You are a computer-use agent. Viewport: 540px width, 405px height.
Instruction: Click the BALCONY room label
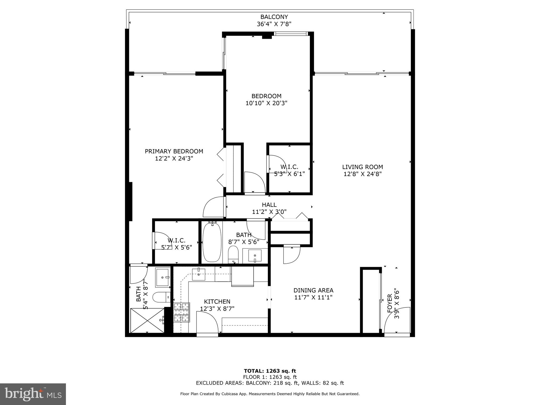tap(274, 17)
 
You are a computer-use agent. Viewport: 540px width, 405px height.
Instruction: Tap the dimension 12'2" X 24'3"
tap(174, 158)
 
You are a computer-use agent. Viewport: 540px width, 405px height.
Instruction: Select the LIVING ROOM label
tap(362, 167)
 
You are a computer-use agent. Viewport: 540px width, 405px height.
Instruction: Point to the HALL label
tap(269, 205)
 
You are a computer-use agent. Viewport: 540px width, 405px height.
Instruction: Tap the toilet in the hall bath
tap(233, 254)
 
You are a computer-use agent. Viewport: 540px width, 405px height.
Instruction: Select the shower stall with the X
tap(147, 321)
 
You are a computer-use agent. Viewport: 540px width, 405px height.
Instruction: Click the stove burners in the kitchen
tap(182, 312)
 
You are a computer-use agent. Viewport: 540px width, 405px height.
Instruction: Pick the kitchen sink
tap(199, 274)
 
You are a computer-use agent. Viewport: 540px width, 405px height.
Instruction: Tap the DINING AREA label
tap(313, 290)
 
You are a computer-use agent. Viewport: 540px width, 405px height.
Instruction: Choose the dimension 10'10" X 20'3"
tap(266, 103)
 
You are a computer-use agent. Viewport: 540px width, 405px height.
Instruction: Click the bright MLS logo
tap(33, 394)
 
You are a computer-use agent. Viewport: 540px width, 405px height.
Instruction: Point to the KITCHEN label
tap(217, 301)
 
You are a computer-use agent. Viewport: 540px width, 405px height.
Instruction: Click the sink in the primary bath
tap(162, 277)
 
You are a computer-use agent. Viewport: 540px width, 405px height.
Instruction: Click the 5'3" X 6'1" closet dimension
tap(289, 174)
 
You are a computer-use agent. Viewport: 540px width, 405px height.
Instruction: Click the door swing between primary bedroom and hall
tap(214, 208)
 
